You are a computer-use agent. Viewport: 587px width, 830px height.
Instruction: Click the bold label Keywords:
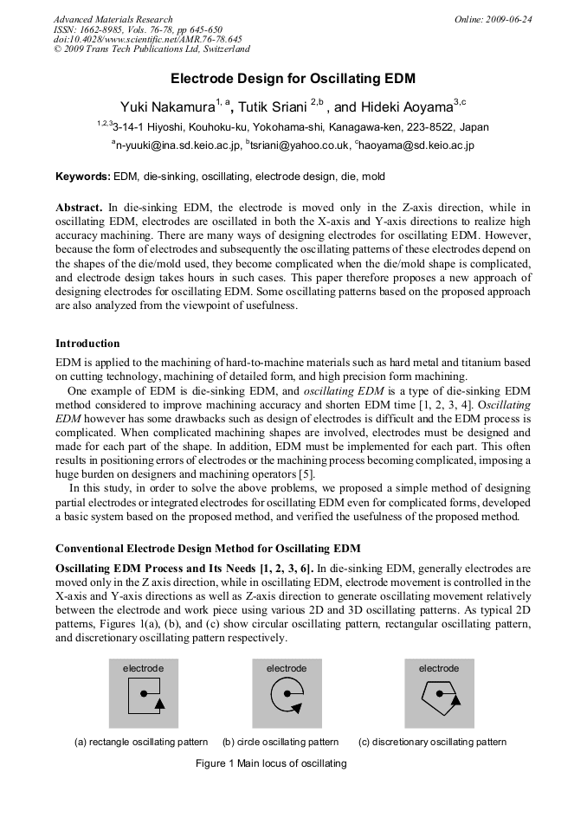tap(83, 177)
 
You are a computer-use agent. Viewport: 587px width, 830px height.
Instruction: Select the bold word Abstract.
tap(79, 208)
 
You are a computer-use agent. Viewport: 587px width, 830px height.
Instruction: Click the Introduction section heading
tap(87, 344)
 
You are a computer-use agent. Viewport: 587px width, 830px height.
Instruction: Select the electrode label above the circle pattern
tap(287, 668)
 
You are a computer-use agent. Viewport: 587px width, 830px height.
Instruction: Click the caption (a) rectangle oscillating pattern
tap(141, 742)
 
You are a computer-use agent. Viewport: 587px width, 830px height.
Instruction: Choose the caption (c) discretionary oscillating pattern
tap(432, 742)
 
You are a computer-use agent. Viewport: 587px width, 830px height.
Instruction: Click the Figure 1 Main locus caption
tap(271, 763)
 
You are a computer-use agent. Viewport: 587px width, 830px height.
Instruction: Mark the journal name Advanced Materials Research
tap(113, 19)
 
